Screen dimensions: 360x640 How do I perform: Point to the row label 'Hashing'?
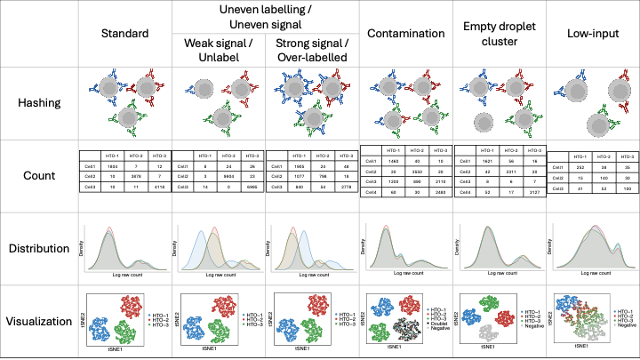click(39, 104)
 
